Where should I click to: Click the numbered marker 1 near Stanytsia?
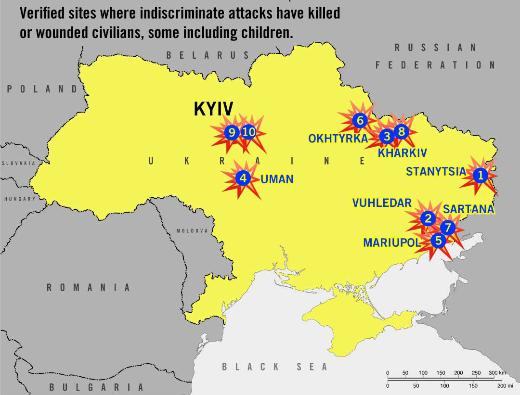[x=480, y=176]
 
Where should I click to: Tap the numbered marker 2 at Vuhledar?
[x=428, y=218]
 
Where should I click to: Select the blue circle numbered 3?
[x=386, y=137]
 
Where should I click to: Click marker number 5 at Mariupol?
[x=438, y=240]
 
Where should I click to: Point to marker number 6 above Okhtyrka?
[x=360, y=120]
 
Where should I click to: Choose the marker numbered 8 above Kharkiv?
[x=401, y=130]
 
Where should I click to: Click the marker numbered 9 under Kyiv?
[x=232, y=132]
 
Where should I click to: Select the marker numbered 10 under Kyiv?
[x=248, y=132]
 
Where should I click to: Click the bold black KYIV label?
[x=213, y=109]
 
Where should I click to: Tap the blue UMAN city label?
[x=277, y=179]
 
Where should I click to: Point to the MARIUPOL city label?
[x=392, y=243]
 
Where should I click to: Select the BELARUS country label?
[x=208, y=55]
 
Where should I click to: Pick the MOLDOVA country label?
[x=192, y=231]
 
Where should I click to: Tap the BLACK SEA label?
[x=274, y=367]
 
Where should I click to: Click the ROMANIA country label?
[x=88, y=288]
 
